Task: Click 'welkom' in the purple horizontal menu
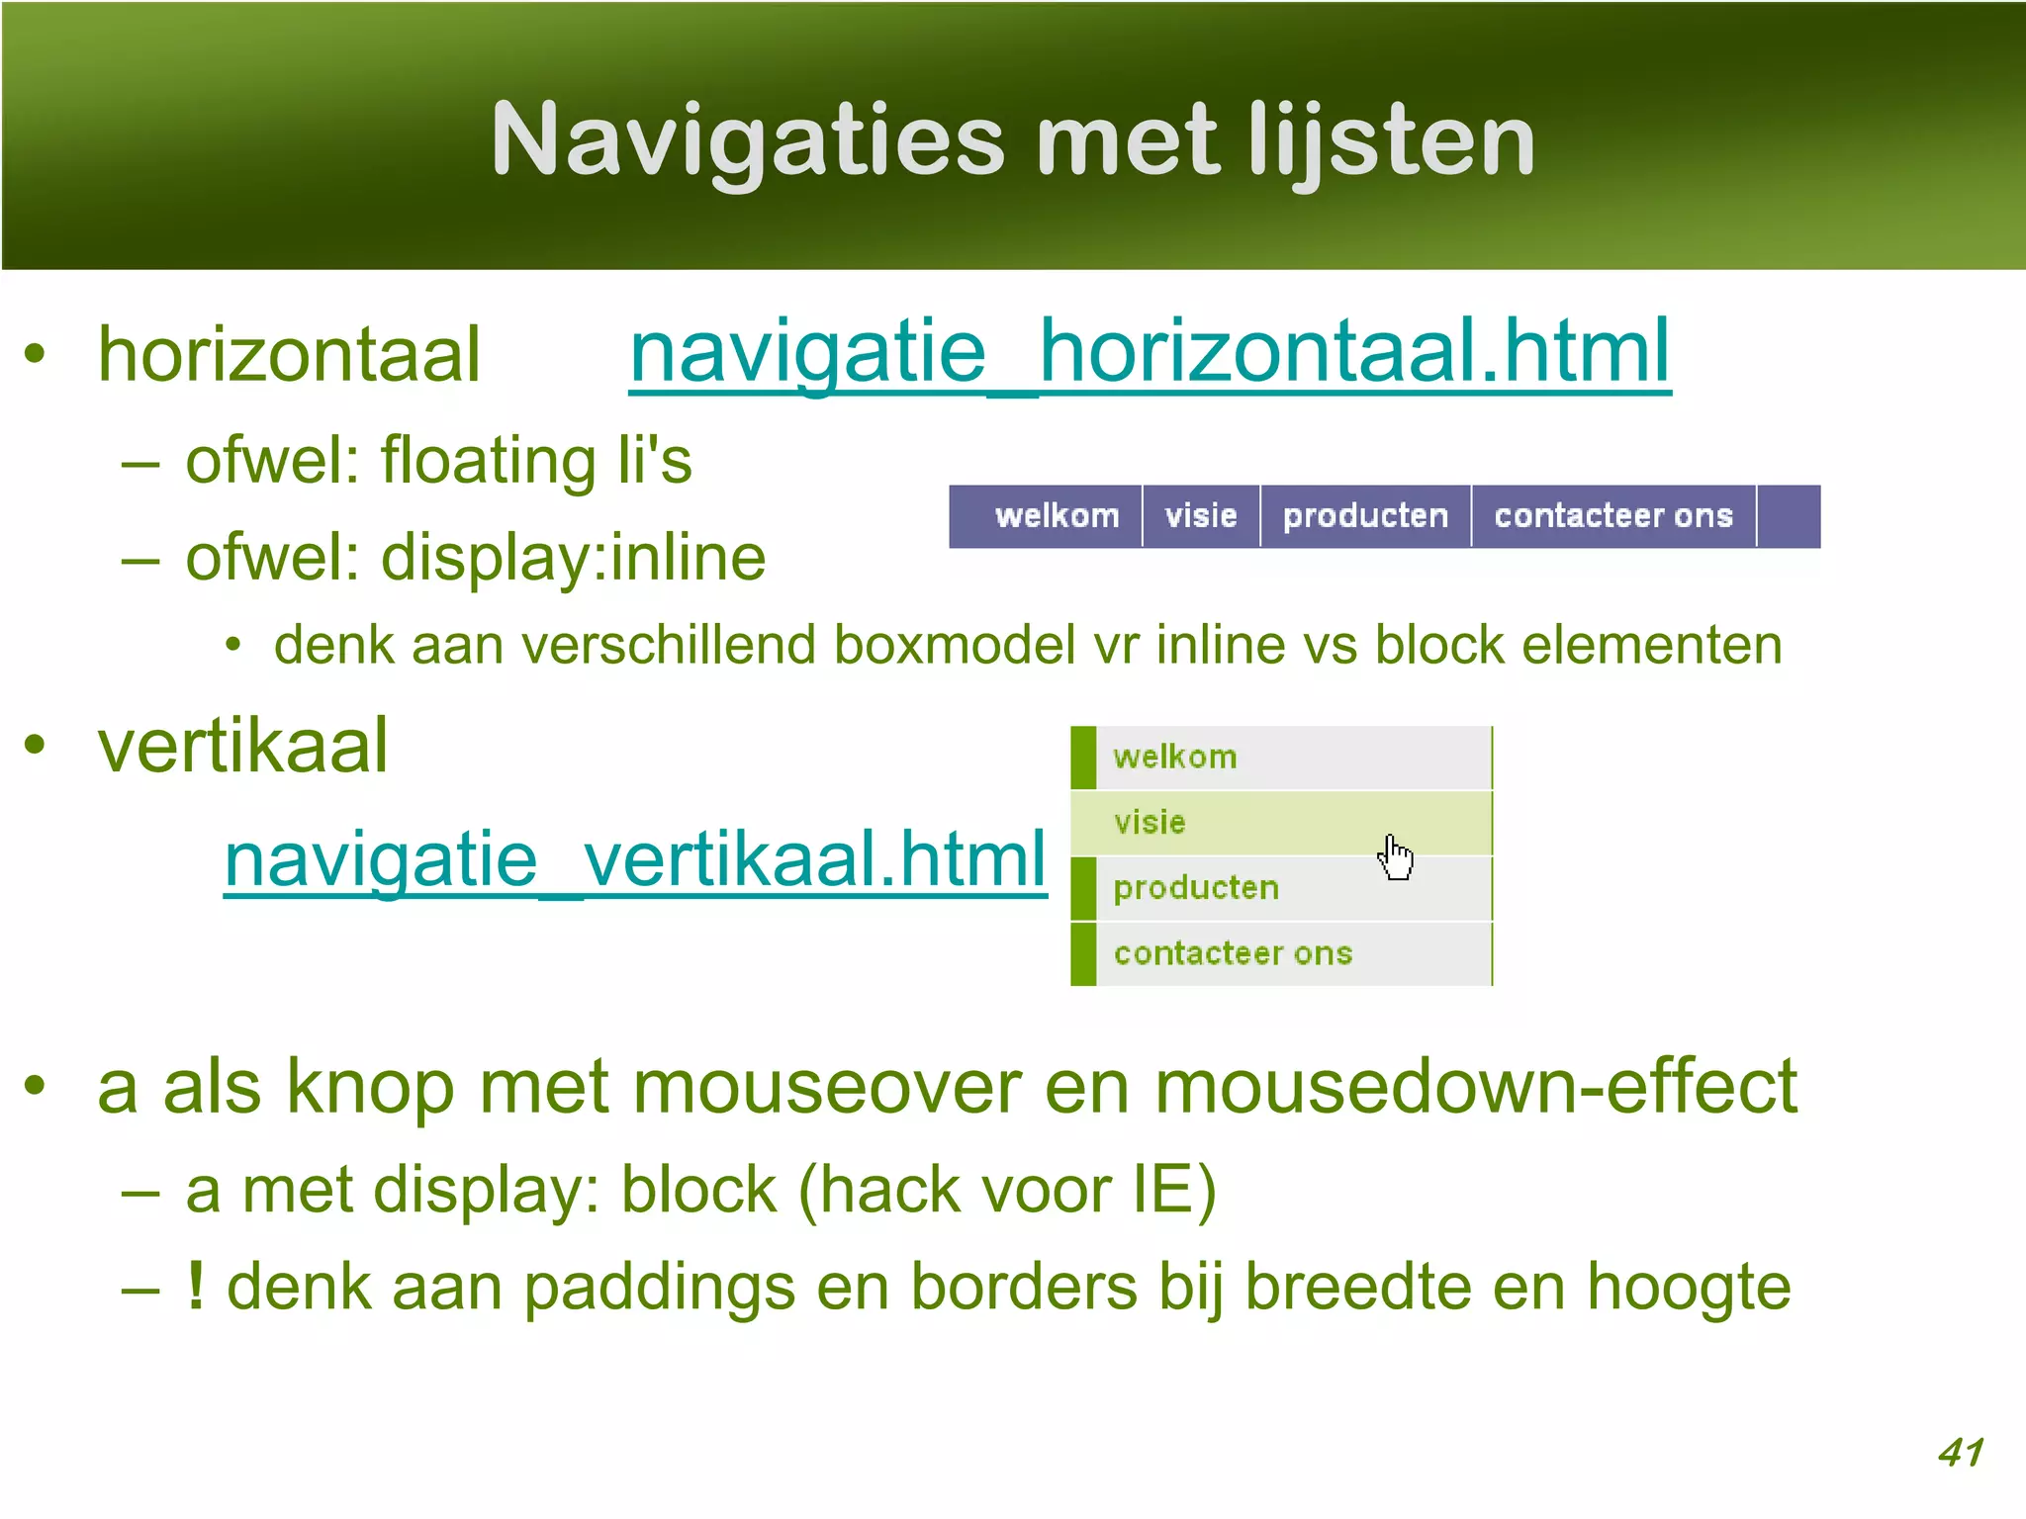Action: click(1057, 515)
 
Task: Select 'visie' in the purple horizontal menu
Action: click(1201, 515)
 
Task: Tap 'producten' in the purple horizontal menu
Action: click(1365, 515)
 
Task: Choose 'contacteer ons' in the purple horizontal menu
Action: click(1613, 515)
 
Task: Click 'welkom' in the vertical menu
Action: click(1175, 758)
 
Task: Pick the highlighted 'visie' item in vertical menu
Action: click(1150, 822)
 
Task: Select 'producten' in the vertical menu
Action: click(1196, 888)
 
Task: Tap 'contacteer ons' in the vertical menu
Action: click(1233, 953)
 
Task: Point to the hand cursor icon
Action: click(1395, 856)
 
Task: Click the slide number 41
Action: click(1961, 1452)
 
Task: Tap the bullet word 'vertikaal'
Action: click(242, 746)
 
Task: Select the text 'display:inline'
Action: click(574, 558)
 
